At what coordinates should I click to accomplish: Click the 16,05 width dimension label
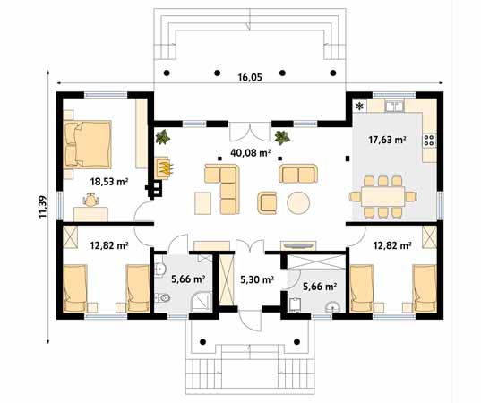tap(250, 78)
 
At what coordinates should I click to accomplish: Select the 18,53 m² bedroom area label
tap(108, 181)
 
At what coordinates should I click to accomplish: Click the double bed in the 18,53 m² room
tap(88, 143)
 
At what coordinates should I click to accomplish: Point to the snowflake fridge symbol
tap(361, 107)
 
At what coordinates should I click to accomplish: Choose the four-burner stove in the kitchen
tap(428, 140)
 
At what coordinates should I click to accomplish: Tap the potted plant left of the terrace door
tap(163, 137)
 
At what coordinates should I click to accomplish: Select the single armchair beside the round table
tap(268, 202)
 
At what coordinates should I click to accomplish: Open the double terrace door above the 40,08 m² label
tap(243, 132)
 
